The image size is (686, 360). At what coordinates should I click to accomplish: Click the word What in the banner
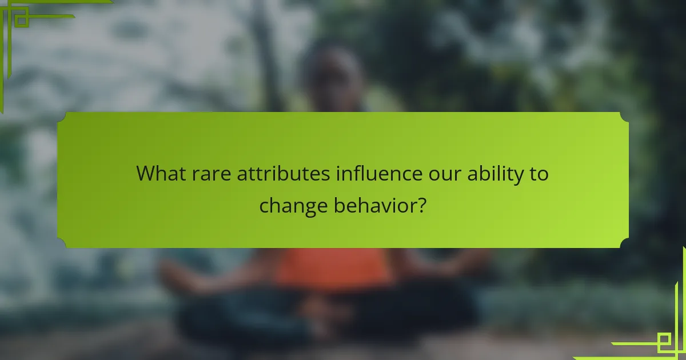[161, 174]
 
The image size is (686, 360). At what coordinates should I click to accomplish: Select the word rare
[212, 174]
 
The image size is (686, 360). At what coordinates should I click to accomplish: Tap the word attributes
[284, 174]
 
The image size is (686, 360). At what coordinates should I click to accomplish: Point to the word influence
[379, 174]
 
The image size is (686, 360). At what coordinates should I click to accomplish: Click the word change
[293, 206]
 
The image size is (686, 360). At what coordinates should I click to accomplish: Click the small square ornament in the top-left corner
[22, 21]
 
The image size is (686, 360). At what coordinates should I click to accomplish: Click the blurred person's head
[332, 78]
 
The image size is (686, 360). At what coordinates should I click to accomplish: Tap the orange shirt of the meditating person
[334, 268]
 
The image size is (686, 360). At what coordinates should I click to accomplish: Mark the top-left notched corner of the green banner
[61, 117]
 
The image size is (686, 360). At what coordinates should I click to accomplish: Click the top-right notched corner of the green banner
[625, 117]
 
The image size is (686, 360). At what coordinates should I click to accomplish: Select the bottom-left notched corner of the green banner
[61, 243]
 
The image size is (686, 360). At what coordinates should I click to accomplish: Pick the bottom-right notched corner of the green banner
[625, 243]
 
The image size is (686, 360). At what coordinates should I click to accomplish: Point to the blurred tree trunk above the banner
[267, 55]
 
